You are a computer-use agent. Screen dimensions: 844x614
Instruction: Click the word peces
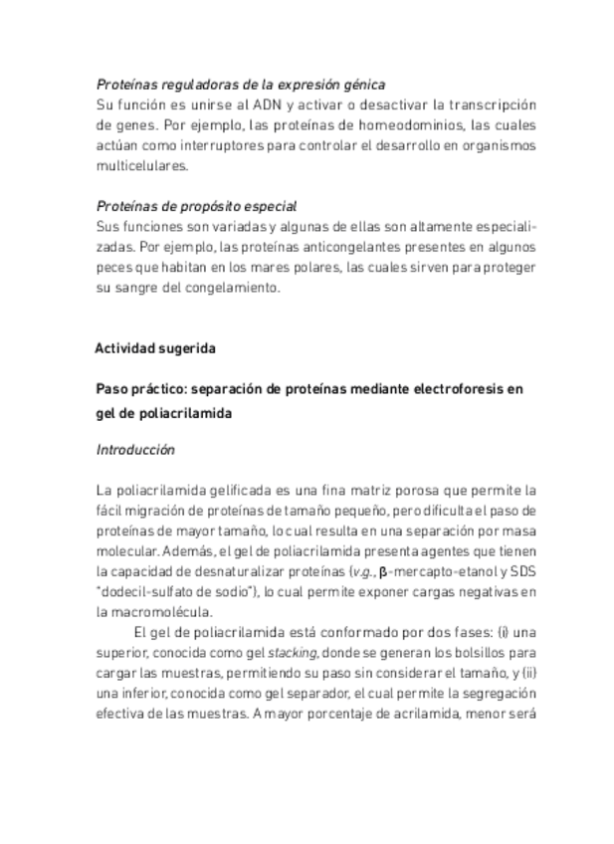[x=114, y=269]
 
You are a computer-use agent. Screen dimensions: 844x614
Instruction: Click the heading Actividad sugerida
[x=155, y=349]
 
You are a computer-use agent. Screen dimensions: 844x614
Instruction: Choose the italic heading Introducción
[x=135, y=450]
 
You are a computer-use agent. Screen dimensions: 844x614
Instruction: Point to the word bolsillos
[x=482, y=652]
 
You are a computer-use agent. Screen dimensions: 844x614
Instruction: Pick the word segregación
[x=495, y=693]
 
